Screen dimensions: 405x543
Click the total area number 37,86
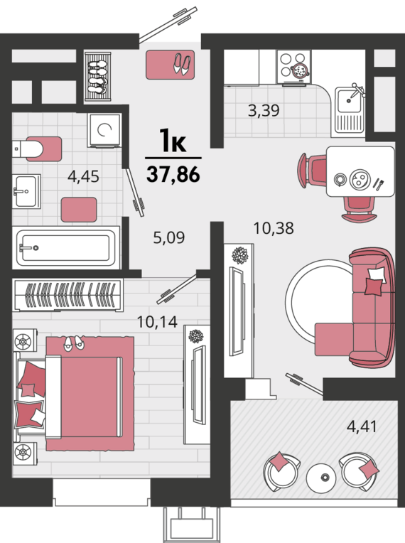pos(173,174)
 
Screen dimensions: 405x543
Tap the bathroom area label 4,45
pos(83,176)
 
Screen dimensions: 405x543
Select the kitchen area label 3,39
pos(264,110)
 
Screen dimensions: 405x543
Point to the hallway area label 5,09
pos(169,237)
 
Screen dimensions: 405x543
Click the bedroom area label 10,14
pos(158,322)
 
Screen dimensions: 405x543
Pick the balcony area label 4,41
pos(362,426)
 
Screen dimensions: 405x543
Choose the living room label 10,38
pos(274,228)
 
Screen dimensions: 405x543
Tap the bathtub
pos(66,247)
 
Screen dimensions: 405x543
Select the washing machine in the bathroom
pos(104,130)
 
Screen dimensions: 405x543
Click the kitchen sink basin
pos(350,100)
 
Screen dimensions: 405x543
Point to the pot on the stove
pos(300,70)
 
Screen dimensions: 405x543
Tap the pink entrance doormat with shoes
pos(170,65)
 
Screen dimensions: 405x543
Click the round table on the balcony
pos(321,478)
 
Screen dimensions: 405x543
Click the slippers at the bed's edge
pos(74,343)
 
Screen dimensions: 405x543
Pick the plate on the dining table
pos(360,180)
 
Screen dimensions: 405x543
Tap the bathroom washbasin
pos(26,191)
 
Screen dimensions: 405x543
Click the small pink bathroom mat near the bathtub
pos(79,210)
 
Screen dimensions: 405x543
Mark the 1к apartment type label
pos(173,141)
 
